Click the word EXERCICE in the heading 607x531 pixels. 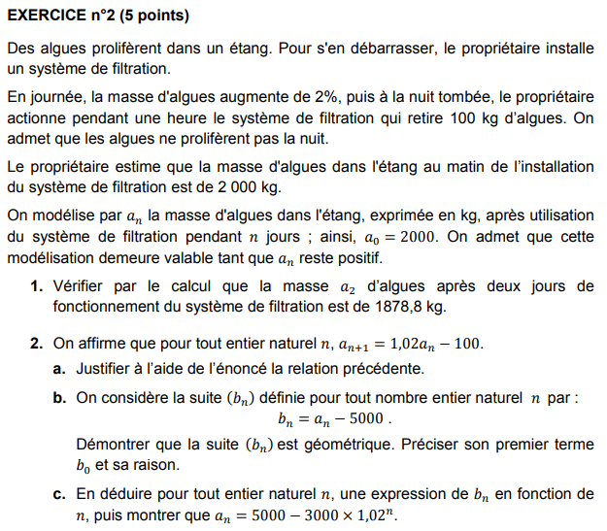coord(45,17)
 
